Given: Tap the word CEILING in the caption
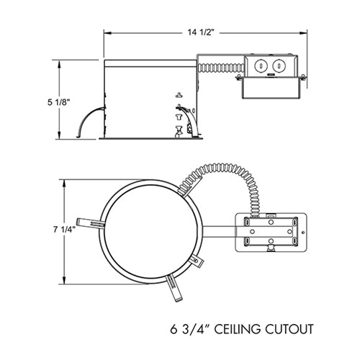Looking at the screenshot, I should tap(235, 331).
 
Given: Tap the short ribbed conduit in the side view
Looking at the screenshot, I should tap(214, 68).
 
